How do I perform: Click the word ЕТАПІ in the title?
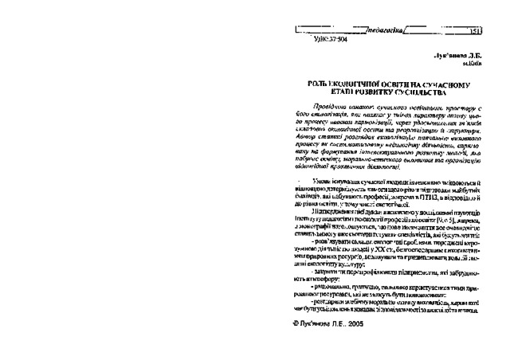(338, 92)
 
